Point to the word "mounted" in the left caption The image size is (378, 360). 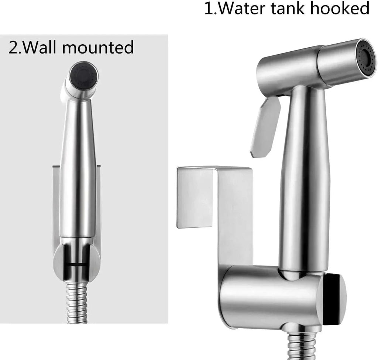pos(98,47)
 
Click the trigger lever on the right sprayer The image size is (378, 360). pos(265,127)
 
